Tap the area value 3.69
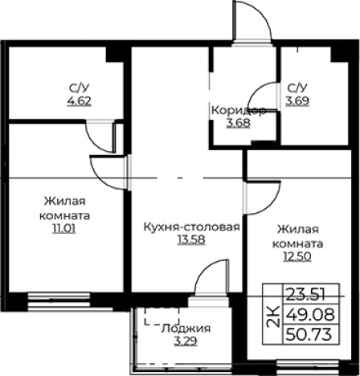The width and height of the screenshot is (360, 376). (297, 102)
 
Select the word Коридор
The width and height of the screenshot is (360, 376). (238, 109)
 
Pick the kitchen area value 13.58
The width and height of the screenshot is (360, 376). (190, 239)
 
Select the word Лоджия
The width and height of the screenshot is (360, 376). (186, 329)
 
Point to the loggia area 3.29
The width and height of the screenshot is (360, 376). (186, 341)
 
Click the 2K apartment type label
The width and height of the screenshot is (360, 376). (273, 314)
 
